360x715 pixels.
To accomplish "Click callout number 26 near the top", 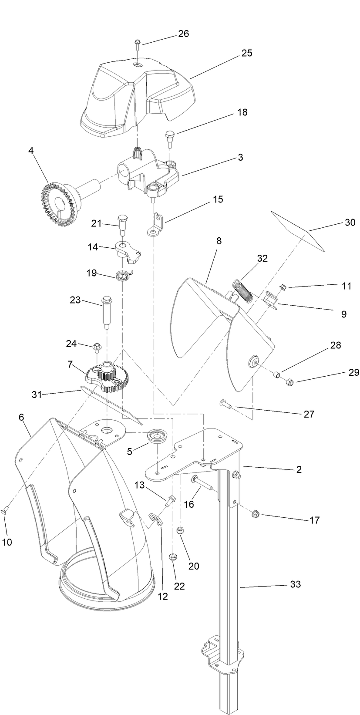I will coord(183,34).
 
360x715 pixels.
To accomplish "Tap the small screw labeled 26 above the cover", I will coord(138,42).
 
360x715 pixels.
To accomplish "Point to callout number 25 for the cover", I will coord(247,53).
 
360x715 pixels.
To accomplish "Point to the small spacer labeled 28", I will coord(276,374).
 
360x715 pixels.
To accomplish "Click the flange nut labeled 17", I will coord(256,514).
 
